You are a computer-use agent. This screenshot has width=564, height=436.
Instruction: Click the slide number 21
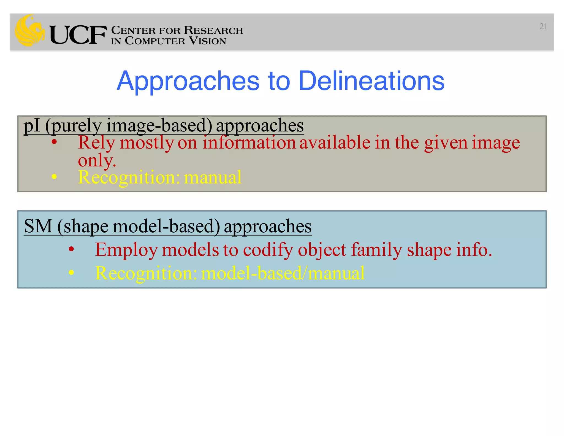543,26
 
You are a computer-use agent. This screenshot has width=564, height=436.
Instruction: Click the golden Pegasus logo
30,30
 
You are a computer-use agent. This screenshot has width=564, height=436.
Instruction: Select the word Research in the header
213,30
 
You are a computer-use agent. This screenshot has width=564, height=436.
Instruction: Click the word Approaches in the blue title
188,81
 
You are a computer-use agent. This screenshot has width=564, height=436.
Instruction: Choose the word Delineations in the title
371,81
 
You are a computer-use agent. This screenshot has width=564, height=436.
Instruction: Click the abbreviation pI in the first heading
32,126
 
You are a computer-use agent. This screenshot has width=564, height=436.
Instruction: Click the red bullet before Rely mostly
54,142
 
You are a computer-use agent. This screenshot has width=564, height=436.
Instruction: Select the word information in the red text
249,143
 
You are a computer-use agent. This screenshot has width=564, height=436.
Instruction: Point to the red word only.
97,160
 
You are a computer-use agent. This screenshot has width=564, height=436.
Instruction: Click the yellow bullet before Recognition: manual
54,177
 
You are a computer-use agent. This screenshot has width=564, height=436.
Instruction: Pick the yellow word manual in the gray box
213,177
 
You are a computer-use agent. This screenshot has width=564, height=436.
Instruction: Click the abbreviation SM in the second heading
38,226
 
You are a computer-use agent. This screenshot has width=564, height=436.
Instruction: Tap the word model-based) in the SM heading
166,226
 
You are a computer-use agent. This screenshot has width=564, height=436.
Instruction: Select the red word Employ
126,250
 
